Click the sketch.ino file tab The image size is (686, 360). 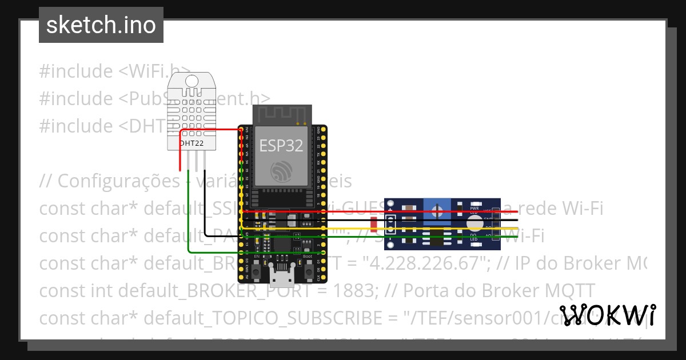[x=101, y=25]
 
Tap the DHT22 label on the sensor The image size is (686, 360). [x=192, y=143]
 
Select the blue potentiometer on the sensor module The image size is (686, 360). [x=437, y=211]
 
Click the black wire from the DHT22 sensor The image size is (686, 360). [x=205, y=206]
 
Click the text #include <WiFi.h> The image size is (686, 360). [x=114, y=71]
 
